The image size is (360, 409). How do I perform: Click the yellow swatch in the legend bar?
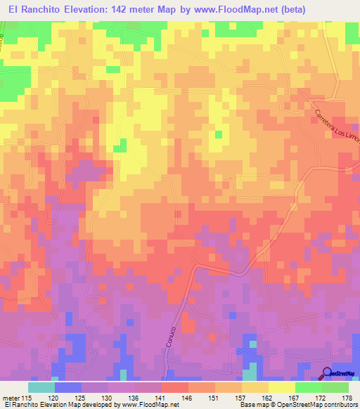pyautogui.click(x=281, y=387)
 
